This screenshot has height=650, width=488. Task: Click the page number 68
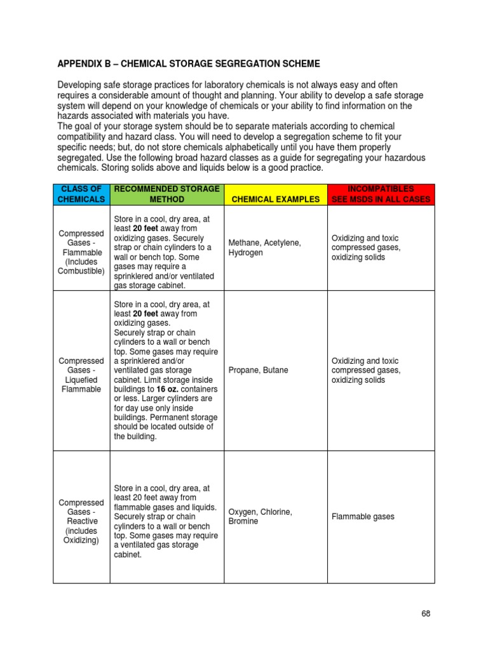point(425,613)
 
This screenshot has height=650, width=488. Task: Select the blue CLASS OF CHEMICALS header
point(81,194)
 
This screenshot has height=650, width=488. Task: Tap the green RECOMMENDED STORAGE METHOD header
point(166,194)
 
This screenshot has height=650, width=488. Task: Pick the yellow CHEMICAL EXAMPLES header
point(275,199)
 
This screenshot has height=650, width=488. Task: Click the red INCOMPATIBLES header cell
point(381,194)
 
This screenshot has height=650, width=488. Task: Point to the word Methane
point(244,242)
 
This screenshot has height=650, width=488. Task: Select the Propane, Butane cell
point(258,370)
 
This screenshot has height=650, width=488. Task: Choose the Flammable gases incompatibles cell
point(363,517)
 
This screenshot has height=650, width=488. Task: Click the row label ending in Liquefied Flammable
point(81,375)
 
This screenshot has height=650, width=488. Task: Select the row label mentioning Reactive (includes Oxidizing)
point(81,521)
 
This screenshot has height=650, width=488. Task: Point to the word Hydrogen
point(245,253)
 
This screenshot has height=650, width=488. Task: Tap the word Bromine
point(243,521)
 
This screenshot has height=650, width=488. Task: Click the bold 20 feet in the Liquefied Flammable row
point(147,314)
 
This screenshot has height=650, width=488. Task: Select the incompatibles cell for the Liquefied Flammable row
point(365,370)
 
